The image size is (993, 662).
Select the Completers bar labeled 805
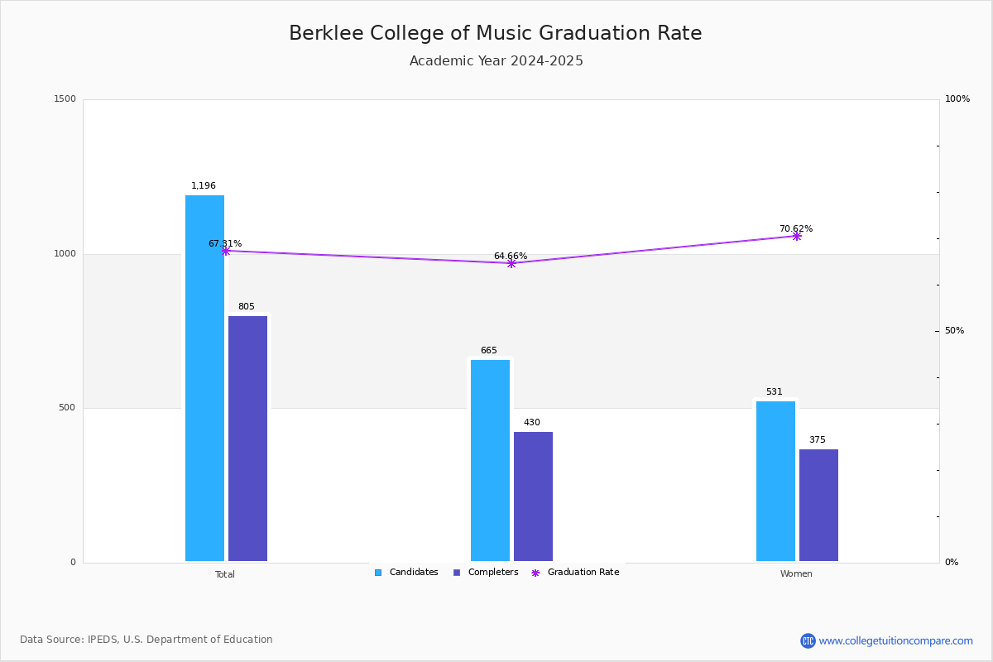click(247, 439)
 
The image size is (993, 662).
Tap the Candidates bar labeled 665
click(490, 460)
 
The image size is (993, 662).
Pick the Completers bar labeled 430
click(533, 496)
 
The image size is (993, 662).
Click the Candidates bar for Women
click(775, 481)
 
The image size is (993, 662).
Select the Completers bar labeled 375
click(818, 505)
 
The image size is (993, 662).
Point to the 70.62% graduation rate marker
click(797, 236)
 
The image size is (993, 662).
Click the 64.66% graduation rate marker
click(511, 263)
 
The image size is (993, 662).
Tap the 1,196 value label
click(204, 186)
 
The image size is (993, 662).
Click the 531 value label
click(775, 392)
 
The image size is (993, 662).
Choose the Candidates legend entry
click(406, 573)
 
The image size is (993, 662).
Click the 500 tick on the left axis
click(68, 408)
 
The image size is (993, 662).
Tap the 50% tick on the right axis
click(954, 331)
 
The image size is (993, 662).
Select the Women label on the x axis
click(796, 574)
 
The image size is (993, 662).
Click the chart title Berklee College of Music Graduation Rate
click(495, 33)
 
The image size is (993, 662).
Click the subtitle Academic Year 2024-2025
click(496, 61)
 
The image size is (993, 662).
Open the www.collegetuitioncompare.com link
click(895, 640)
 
